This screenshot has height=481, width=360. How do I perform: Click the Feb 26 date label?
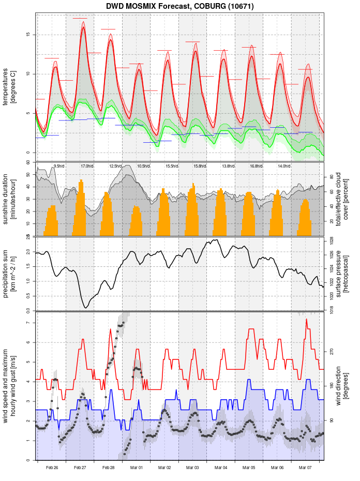(x=52, y=468)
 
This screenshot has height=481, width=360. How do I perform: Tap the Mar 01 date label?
(x=137, y=468)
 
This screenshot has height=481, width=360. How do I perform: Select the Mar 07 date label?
(x=306, y=468)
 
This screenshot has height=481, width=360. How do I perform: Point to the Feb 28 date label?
(x=108, y=468)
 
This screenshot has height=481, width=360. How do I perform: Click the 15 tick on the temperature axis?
(x=29, y=35)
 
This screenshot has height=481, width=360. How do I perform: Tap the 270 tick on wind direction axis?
(x=332, y=351)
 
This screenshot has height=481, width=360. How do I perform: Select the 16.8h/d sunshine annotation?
(x=256, y=166)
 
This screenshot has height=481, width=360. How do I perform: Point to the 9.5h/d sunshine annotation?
(x=59, y=166)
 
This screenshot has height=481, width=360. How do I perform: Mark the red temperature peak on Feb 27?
(x=83, y=27)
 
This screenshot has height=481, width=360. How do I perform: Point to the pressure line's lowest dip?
(x=86, y=308)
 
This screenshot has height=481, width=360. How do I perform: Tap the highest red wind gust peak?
(x=307, y=319)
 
